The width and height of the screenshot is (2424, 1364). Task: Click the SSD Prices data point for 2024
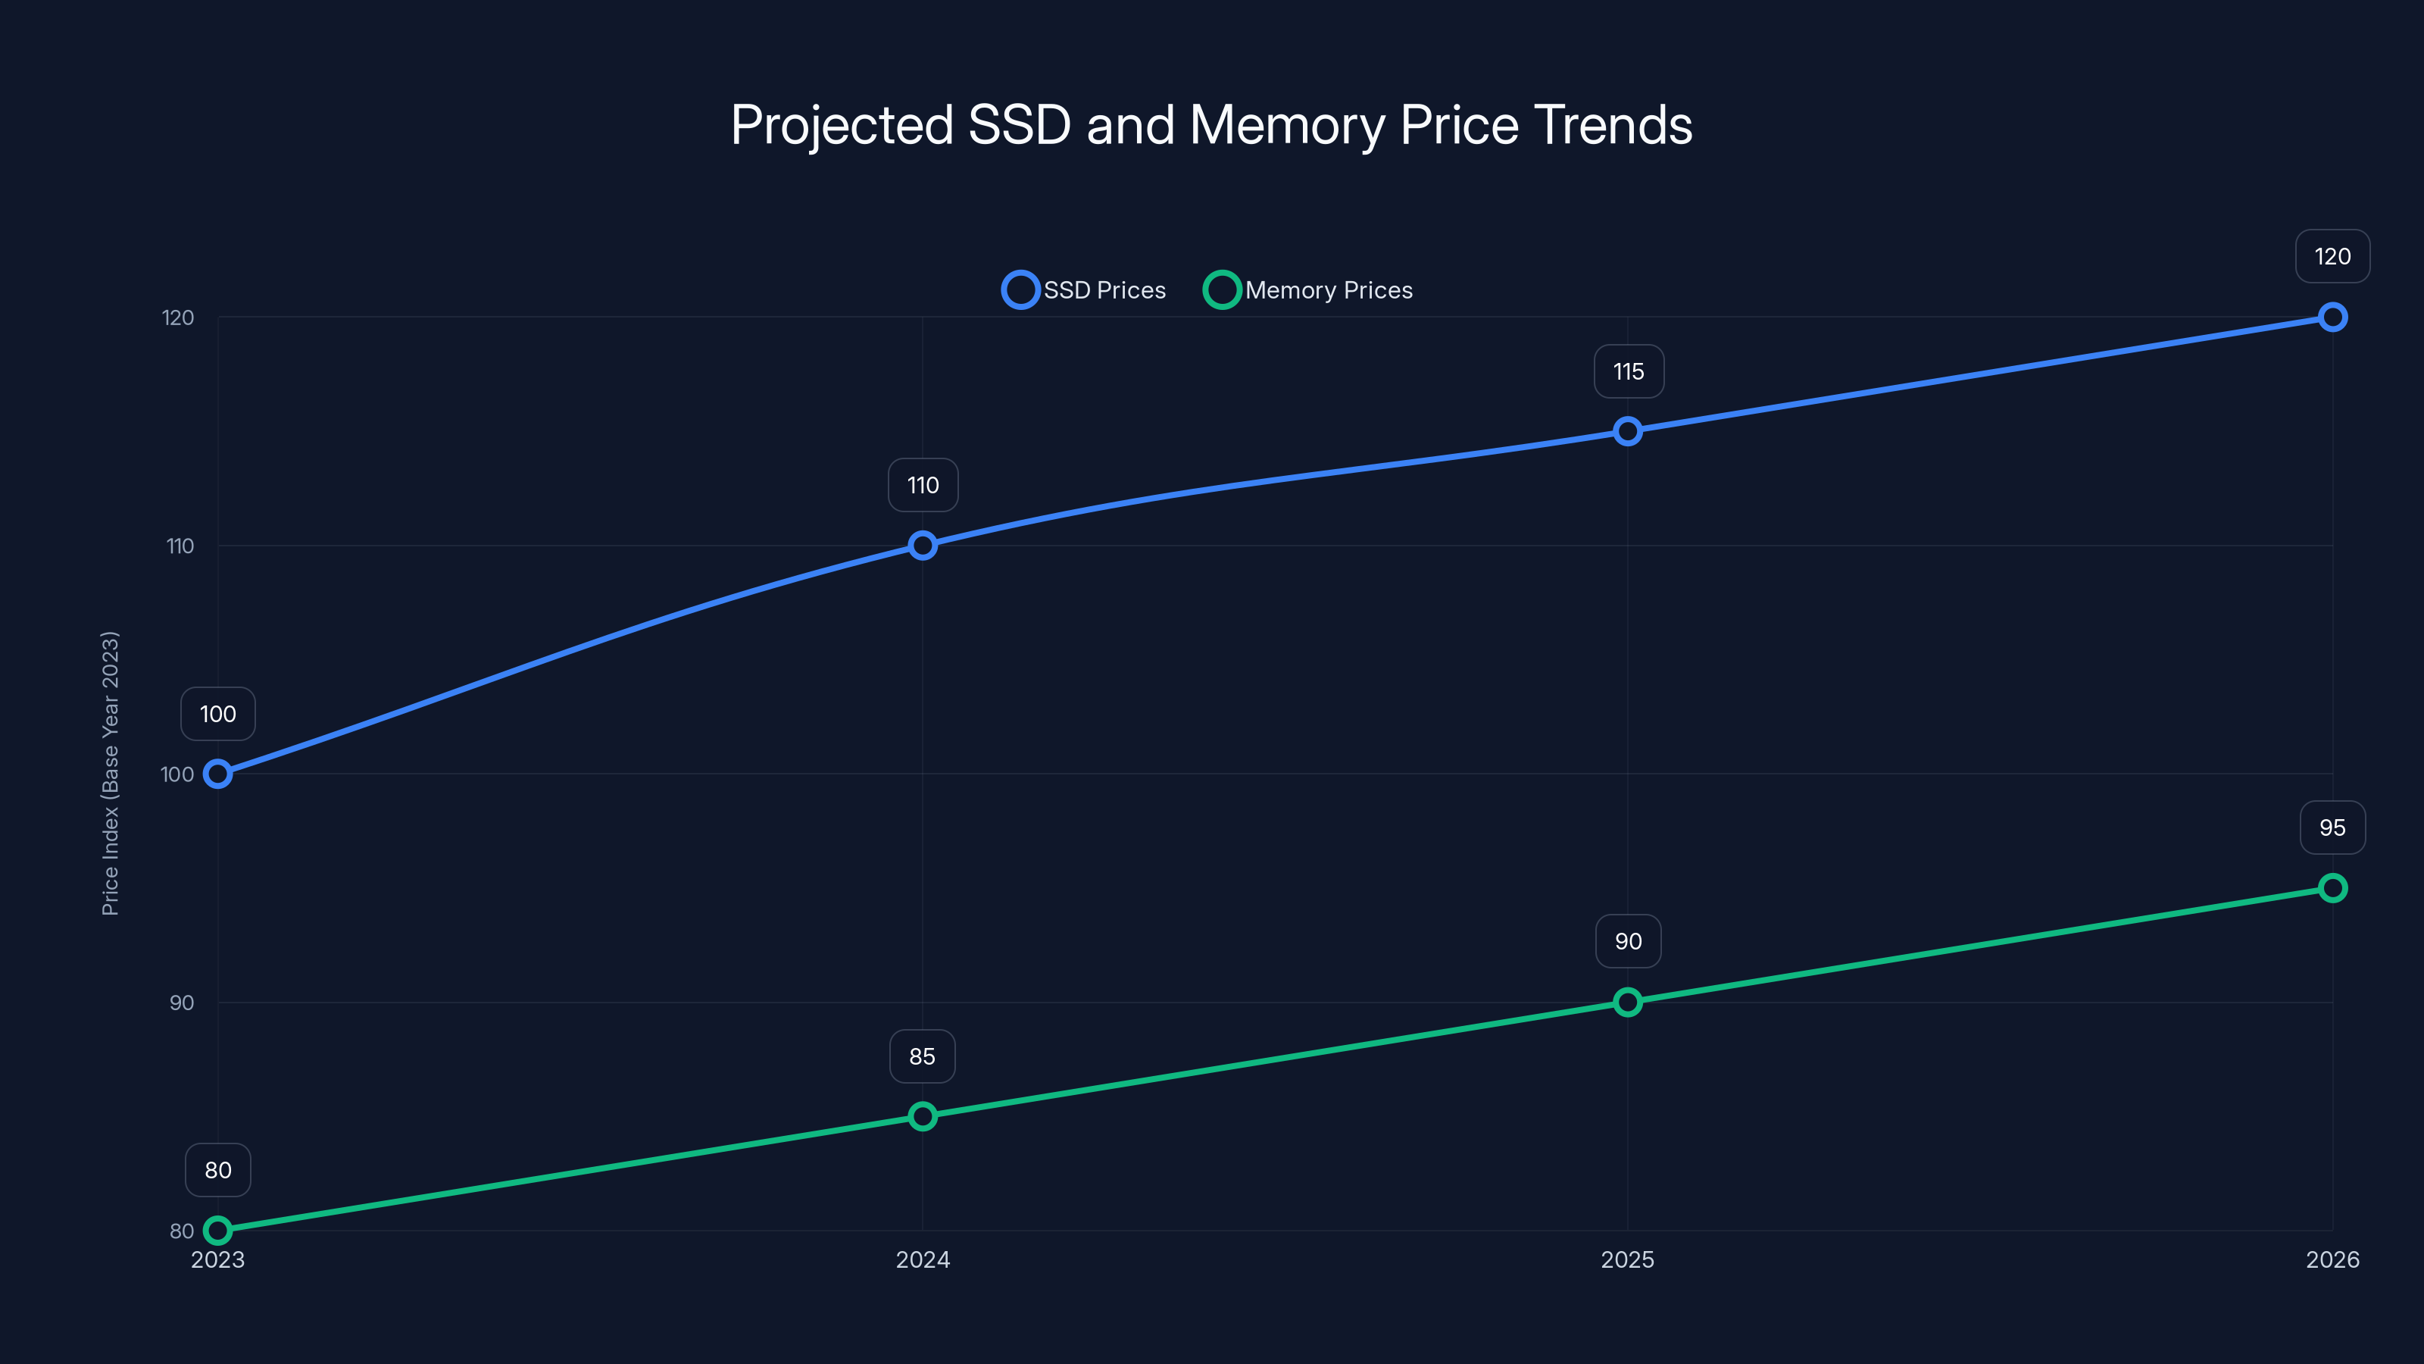(922, 545)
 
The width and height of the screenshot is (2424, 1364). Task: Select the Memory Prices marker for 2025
(1627, 1002)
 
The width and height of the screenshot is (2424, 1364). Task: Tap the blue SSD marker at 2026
(2332, 318)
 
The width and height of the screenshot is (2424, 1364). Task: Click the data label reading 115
(1628, 372)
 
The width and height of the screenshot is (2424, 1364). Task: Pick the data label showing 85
(922, 1056)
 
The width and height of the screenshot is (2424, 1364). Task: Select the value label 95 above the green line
(2332, 827)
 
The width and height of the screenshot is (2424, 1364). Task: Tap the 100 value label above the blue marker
(217, 714)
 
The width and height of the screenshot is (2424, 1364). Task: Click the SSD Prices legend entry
(1084, 290)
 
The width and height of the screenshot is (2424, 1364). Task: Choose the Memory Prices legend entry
(1308, 290)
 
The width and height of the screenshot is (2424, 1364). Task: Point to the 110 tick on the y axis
(180, 546)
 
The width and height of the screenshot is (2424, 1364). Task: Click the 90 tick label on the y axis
(182, 1003)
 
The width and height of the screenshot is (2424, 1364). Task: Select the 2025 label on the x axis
(1627, 1259)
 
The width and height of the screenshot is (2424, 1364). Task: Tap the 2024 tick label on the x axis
(922, 1259)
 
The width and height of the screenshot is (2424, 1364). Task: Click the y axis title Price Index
(110, 773)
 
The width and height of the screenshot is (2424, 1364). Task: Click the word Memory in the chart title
(1286, 125)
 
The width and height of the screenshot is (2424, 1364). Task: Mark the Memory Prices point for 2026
(2332, 887)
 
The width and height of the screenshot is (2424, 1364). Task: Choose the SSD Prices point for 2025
(1627, 431)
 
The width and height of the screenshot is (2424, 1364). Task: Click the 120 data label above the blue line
(2332, 256)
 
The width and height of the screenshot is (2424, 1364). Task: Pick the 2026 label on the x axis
(2332, 1259)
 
